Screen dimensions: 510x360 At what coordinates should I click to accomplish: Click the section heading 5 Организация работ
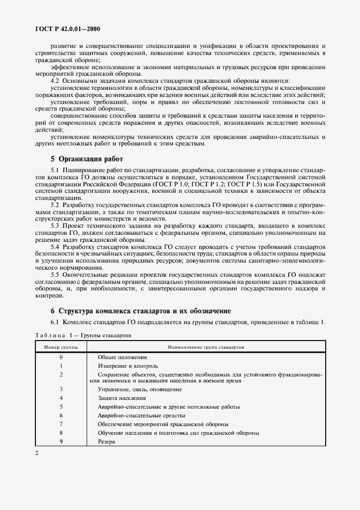(87, 160)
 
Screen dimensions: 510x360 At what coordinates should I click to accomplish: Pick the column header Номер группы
(61, 347)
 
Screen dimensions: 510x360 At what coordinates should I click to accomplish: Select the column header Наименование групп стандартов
(206, 347)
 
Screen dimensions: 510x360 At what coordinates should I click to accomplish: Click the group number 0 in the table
(62, 357)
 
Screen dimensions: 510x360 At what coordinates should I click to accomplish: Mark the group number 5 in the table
(62, 406)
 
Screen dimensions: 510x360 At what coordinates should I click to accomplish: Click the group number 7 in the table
(62, 424)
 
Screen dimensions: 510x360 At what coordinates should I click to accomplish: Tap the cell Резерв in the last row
(106, 441)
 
